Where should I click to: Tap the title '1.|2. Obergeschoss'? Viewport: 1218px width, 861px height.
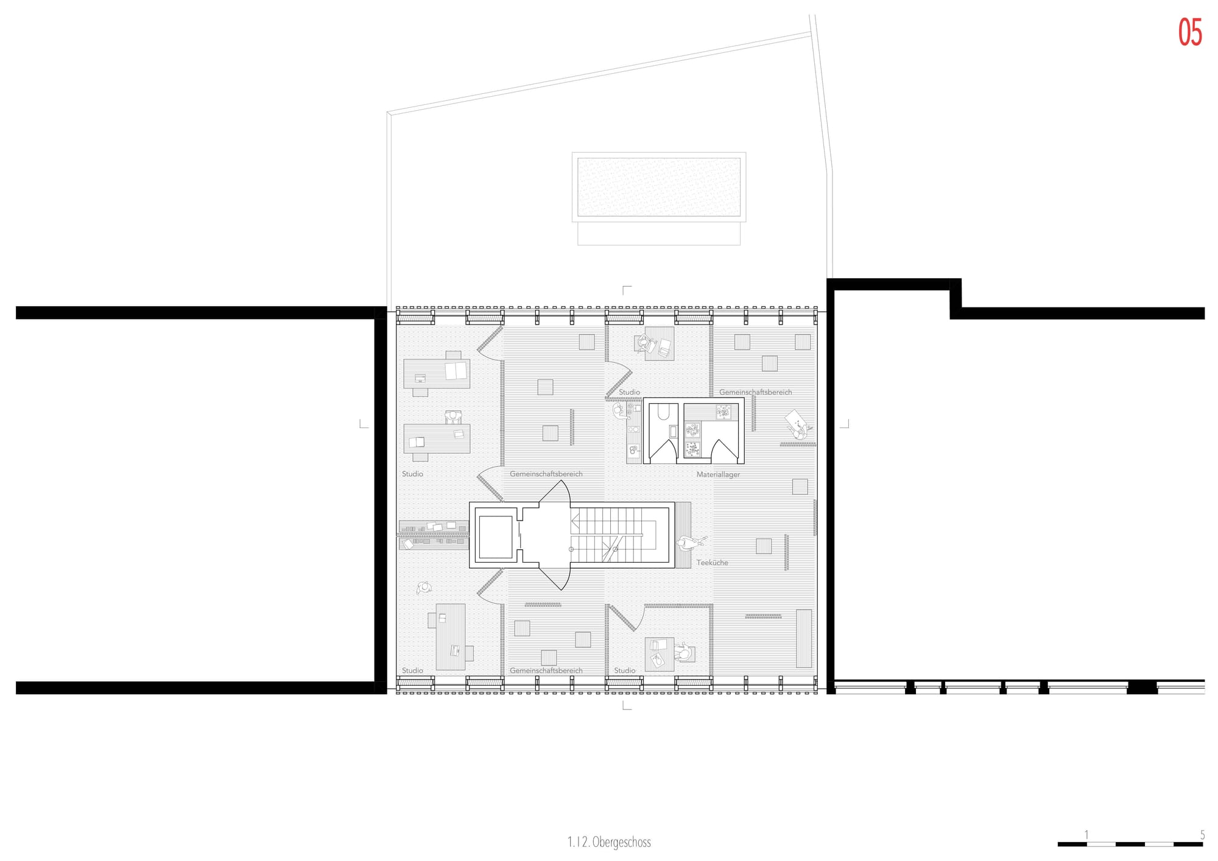click(609, 842)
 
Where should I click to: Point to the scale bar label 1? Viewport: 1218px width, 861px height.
click(1086, 834)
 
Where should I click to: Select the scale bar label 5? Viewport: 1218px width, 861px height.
click(1202, 834)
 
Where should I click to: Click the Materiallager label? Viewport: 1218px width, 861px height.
click(719, 474)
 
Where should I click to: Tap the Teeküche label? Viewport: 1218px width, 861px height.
click(713, 563)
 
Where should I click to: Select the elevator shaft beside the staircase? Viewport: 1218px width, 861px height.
click(496, 536)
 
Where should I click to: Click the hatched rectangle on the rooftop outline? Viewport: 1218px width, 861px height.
click(659, 187)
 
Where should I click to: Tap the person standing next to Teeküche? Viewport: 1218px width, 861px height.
click(689, 543)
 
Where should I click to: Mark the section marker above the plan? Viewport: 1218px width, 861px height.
click(626, 290)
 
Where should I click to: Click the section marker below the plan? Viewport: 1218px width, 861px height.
click(626, 705)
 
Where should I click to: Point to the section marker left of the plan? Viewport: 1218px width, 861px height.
click(364, 424)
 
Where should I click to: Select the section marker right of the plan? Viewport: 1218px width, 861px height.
click(844, 424)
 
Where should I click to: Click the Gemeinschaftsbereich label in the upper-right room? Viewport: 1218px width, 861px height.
click(756, 392)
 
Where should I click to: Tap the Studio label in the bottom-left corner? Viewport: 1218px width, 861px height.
click(412, 670)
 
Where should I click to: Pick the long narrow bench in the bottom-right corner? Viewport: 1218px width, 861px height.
click(804, 639)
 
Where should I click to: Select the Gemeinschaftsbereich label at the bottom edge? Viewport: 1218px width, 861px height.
click(546, 670)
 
